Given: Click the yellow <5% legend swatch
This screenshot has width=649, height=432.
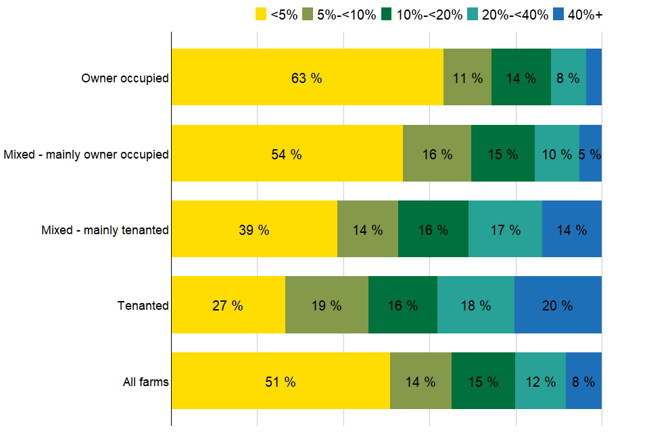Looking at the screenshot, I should [261, 15].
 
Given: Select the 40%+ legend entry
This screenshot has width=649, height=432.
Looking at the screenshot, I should [577, 15].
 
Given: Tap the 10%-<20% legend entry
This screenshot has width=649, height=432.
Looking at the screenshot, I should [420, 15].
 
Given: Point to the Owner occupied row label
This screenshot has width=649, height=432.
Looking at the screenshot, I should [125, 78].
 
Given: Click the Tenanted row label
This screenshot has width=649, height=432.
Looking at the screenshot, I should [143, 306].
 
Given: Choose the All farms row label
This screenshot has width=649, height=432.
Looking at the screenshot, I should [145, 382].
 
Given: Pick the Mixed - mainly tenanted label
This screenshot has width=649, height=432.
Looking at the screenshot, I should [105, 230].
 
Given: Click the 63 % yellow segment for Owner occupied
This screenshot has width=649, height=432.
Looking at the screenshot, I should [307, 78].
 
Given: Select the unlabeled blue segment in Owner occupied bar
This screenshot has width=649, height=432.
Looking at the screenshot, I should [594, 78].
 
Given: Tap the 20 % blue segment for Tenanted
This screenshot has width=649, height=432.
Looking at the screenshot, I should [558, 305].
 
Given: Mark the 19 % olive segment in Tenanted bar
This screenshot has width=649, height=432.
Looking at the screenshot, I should [327, 305].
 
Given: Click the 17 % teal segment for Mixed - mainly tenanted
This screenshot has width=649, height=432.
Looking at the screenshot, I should [505, 230].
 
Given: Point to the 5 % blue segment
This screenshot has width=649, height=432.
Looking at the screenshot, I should [590, 154].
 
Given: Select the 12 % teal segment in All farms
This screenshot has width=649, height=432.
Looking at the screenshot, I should [540, 381].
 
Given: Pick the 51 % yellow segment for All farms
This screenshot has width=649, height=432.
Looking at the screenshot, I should [281, 381].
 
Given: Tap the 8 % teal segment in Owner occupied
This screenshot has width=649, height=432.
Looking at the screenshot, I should [569, 78].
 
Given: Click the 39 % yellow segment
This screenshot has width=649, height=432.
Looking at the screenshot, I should [254, 230].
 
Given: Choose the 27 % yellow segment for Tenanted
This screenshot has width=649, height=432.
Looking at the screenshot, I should [228, 305].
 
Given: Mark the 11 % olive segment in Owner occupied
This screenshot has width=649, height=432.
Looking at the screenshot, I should [467, 78].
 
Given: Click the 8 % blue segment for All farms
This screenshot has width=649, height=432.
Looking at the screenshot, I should [583, 381].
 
